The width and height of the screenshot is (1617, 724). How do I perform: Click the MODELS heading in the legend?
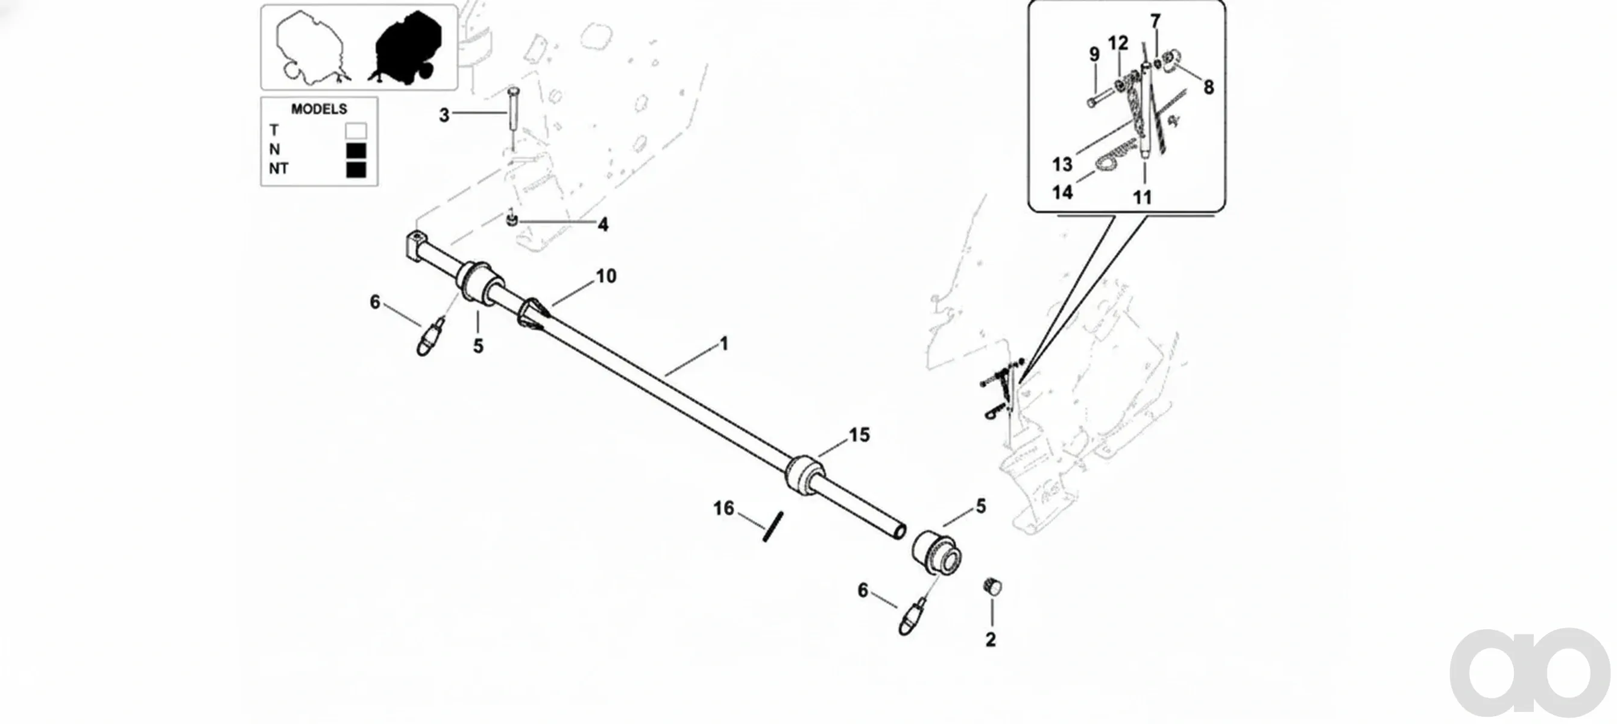tap(319, 109)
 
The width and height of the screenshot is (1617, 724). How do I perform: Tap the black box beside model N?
tap(356, 151)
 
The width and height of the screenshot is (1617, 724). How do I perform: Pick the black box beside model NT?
tap(356, 170)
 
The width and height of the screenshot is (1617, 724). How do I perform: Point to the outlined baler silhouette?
tap(309, 47)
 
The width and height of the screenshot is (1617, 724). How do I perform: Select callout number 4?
tap(603, 225)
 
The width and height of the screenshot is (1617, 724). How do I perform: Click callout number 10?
tap(607, 276)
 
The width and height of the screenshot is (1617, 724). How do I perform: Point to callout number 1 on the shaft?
tap(723, 344)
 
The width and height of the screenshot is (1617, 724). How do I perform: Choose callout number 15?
tap(859, 435)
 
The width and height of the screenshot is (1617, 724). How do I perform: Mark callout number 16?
tap(723, 508)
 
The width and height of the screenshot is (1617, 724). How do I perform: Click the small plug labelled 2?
tap(992, 586)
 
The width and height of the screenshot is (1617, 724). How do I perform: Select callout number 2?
tap(991, 640)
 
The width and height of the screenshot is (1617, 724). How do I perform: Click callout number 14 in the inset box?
tap(1063, 192)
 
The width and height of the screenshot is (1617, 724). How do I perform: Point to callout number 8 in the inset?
tap(1209, 87)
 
